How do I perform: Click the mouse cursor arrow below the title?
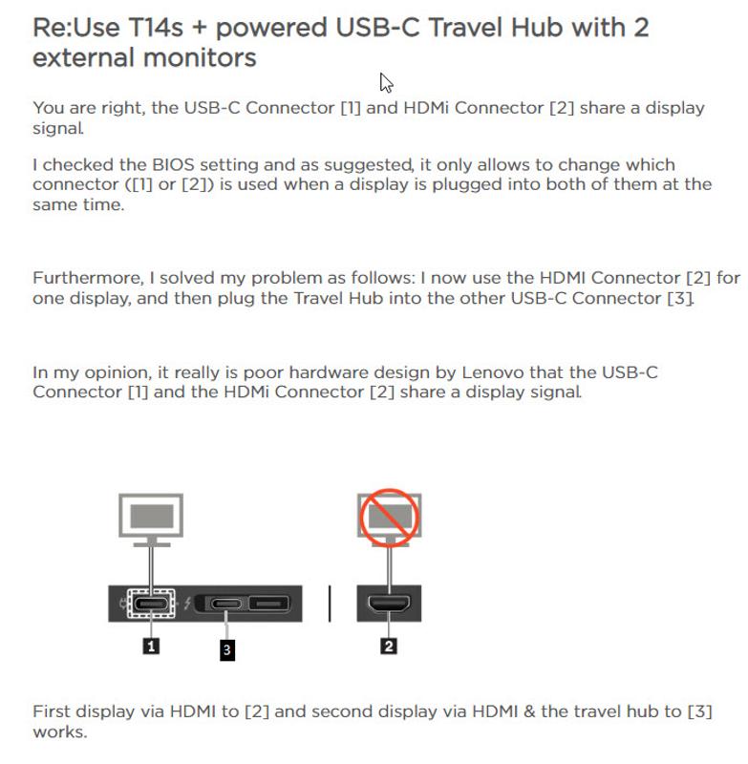[385, 83]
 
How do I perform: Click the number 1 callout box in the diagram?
[151, 647]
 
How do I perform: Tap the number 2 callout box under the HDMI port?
[389, 646]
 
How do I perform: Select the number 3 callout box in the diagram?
[227, 649]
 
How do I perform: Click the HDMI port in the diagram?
[389, 604]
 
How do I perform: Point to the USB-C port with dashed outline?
[151, 604]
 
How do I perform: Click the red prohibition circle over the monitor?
[390, 518]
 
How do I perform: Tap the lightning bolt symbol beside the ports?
[187, 604]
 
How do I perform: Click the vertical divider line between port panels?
[330, 604]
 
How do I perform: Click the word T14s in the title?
[156, 28]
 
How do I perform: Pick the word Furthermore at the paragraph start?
[88, 278]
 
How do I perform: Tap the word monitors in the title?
[200, 57]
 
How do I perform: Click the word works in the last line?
[60, 732]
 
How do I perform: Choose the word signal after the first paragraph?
[58, 129]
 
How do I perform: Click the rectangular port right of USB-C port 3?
[269, 604]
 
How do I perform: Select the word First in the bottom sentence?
[52, 711]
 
